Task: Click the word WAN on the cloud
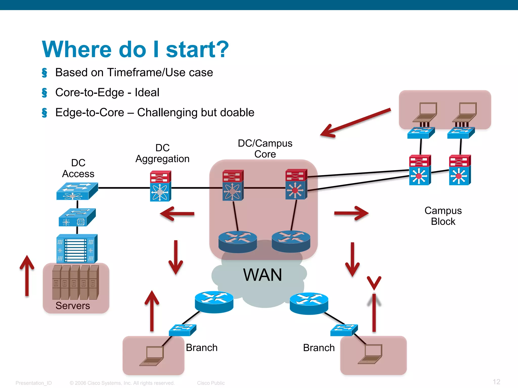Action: coord(262,275)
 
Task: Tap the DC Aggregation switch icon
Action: coord(160,186)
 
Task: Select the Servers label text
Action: coord(73,306)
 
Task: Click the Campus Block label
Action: coord(443,216)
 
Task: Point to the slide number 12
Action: coord(496,382)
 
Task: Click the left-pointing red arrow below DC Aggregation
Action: coord(177,214)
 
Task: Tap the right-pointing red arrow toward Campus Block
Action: coord(351,213)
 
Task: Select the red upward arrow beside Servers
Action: coord(27,275)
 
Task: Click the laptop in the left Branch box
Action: coord(152,356)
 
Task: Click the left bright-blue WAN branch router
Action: coord(214,302)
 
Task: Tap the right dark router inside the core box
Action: coord(291,241)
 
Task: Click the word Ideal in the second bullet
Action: coord(147,92)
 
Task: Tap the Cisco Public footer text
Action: coord(211,383)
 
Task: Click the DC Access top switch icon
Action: coord(77,191)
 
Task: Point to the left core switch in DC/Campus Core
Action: coord(233,185)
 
